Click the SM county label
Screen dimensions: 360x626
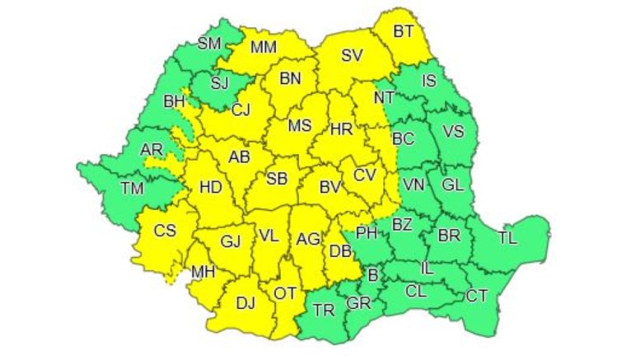coord(210,44)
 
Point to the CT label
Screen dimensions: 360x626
coord(477,295)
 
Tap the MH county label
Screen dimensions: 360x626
coord(203,270)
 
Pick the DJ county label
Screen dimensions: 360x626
coord(245,302)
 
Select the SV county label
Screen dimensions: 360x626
coord(352,56)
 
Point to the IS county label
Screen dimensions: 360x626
coord(429,80)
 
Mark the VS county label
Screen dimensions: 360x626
coord(454,130)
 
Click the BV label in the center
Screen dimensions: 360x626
coord(330,187)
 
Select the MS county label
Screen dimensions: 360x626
coord(300,126)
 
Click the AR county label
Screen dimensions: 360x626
coord(152,149)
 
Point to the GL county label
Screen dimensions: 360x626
coord(452,185)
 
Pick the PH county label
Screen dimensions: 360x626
coord(367,233)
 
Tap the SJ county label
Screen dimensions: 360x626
coord(219,82)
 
